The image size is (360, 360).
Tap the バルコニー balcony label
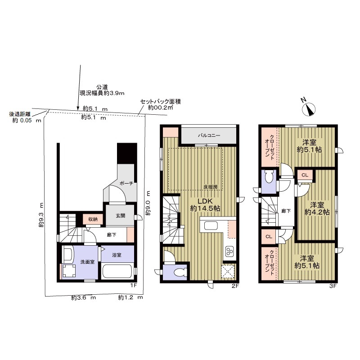209,135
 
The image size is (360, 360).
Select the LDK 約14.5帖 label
205,205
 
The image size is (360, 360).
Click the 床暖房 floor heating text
210,187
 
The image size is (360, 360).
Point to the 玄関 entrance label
120,216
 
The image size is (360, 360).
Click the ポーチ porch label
126,183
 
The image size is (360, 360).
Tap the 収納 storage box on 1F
93,219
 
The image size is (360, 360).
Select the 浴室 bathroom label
117,255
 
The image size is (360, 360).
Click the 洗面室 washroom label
87,262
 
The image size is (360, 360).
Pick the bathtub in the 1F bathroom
117,272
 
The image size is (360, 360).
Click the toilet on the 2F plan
180,273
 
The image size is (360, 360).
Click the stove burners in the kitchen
229,251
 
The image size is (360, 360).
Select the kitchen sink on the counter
211,225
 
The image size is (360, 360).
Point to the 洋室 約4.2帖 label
317,208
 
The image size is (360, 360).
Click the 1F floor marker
134,285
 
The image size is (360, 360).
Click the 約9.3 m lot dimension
41,215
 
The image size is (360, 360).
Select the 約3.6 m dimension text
83,298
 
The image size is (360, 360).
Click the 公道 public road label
102,87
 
